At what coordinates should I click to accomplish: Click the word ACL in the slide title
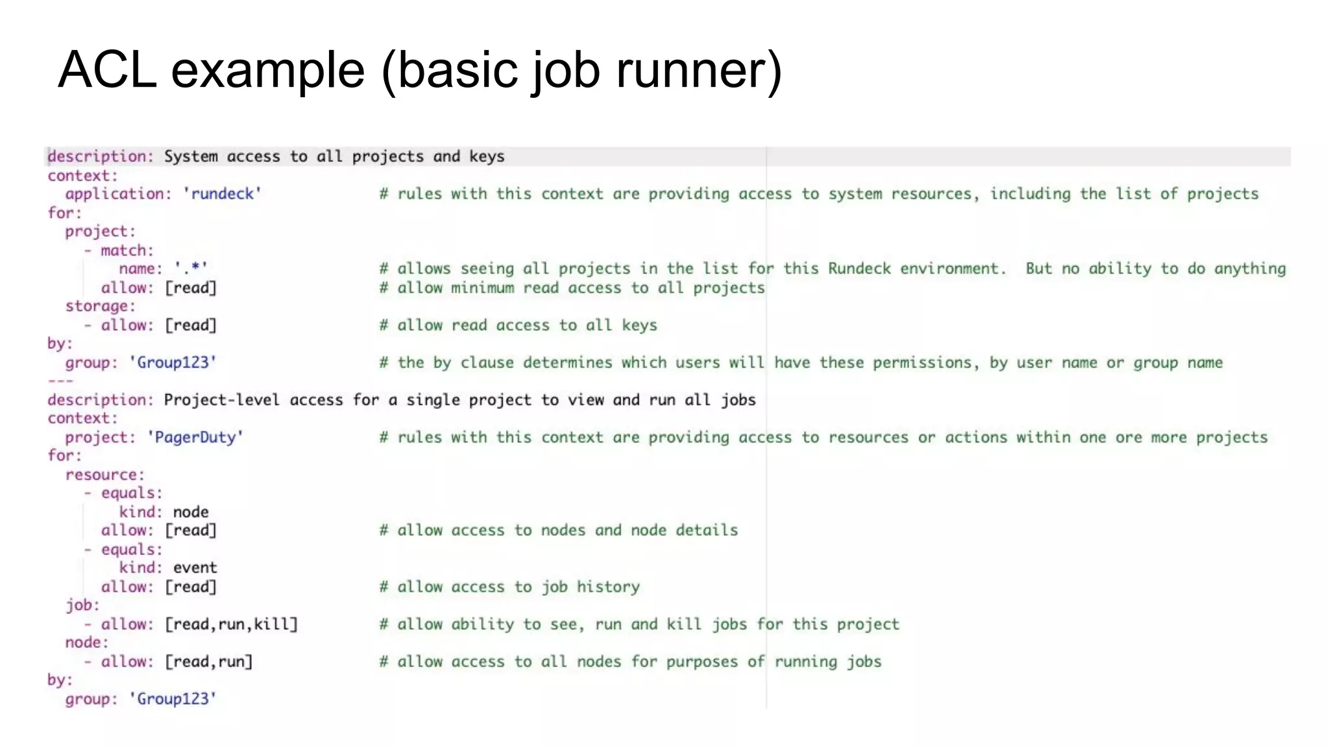pos(107,69)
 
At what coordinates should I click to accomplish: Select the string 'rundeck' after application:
pos(222,194)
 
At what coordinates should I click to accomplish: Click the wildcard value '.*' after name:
pos(191,268)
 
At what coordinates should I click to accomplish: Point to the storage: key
pos(100,306)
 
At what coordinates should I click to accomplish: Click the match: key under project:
pos(127,250)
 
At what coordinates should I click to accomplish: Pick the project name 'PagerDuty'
pos(195,437)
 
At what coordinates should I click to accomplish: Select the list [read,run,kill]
pos(231,624)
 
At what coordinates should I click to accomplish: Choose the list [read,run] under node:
pos(208,662)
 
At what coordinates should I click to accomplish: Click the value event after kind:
pos(195,568)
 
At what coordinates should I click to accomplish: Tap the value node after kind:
pos(191,512)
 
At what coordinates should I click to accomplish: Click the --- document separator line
pos(60,381)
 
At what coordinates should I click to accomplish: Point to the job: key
pos(82,605)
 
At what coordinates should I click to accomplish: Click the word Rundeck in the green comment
pos(859,268)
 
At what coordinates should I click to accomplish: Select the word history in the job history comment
pos(608,587)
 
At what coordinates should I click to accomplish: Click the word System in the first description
pos(190,156)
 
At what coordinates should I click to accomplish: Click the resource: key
pos(104,475)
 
